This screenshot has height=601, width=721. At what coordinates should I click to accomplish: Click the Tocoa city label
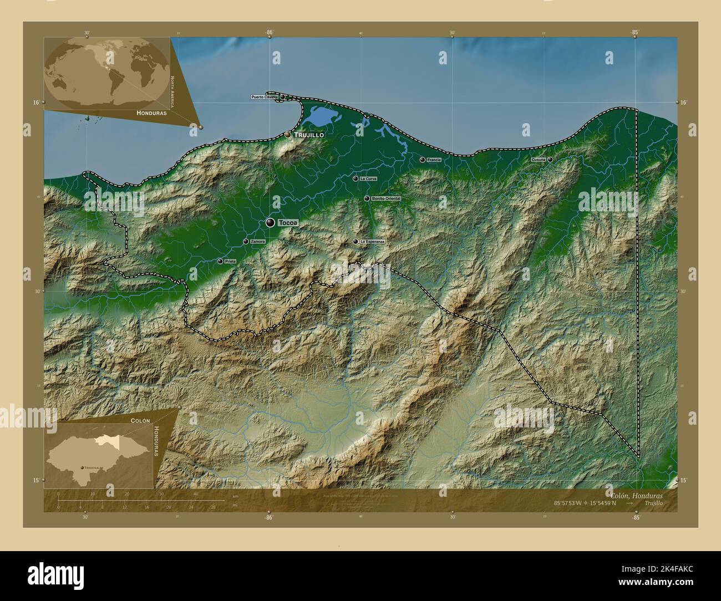tap(288, 223)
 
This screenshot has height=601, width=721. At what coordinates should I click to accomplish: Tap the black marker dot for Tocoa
tap(270, 222)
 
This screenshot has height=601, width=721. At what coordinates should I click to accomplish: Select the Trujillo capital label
tap(309, 135)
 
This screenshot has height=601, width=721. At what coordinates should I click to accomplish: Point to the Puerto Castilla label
tap(264, 97)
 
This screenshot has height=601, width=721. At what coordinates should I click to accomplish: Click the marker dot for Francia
tap(423, 160)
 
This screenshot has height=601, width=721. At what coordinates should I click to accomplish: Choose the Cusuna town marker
tap(550, 160)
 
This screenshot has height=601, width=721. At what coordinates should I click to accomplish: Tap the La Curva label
tap(368, 179)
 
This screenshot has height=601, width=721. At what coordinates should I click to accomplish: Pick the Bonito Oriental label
tap(386, 198)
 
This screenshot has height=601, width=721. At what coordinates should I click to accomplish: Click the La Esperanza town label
tap(372, 242)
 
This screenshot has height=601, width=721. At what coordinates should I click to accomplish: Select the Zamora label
tap(258, 242)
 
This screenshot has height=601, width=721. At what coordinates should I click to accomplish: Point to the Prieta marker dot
tap(220, 261)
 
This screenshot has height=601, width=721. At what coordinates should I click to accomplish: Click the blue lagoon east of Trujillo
tap(319, 116)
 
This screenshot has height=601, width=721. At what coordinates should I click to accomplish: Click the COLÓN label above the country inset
tap(140, 421)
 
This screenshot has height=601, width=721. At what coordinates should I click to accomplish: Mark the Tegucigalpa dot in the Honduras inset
tap(83, 468)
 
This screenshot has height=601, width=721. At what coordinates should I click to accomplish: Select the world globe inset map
tap(107, 74)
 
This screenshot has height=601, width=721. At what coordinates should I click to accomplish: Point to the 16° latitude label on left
tap(35, 103)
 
